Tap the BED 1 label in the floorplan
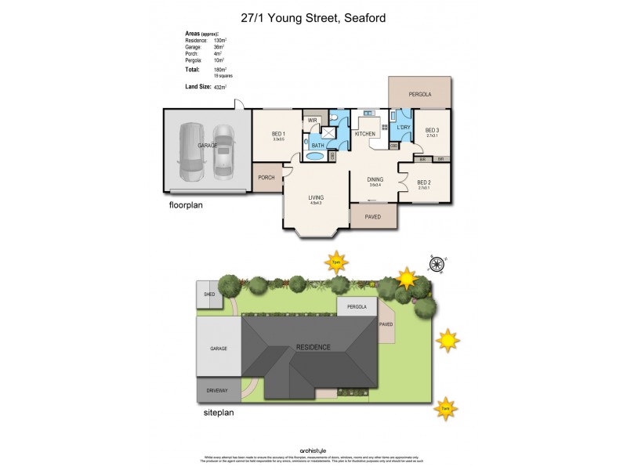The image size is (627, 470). click(x=279, y=134)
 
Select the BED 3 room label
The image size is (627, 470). click(x=433, y=130)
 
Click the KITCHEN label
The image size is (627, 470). click(x=365, y=134)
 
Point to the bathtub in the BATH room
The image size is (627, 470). click(x=314, y=155)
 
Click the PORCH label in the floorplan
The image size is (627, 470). click(x=266, y=178)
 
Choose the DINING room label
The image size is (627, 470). click(x=375, y=179)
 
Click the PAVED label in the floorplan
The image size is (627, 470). click(x=372, y=216)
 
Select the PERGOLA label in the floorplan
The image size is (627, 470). click(x=420, y=95)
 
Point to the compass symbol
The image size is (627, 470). click(x=437, y=262)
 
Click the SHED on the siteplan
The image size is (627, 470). click(x=209, y=295)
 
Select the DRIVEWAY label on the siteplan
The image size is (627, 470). click(x=217, y=389)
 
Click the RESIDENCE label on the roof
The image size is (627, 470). click(x=313, y=347)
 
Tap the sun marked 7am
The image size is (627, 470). click(x=445, y=408)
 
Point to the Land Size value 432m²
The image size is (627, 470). click(x=220, y=87)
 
